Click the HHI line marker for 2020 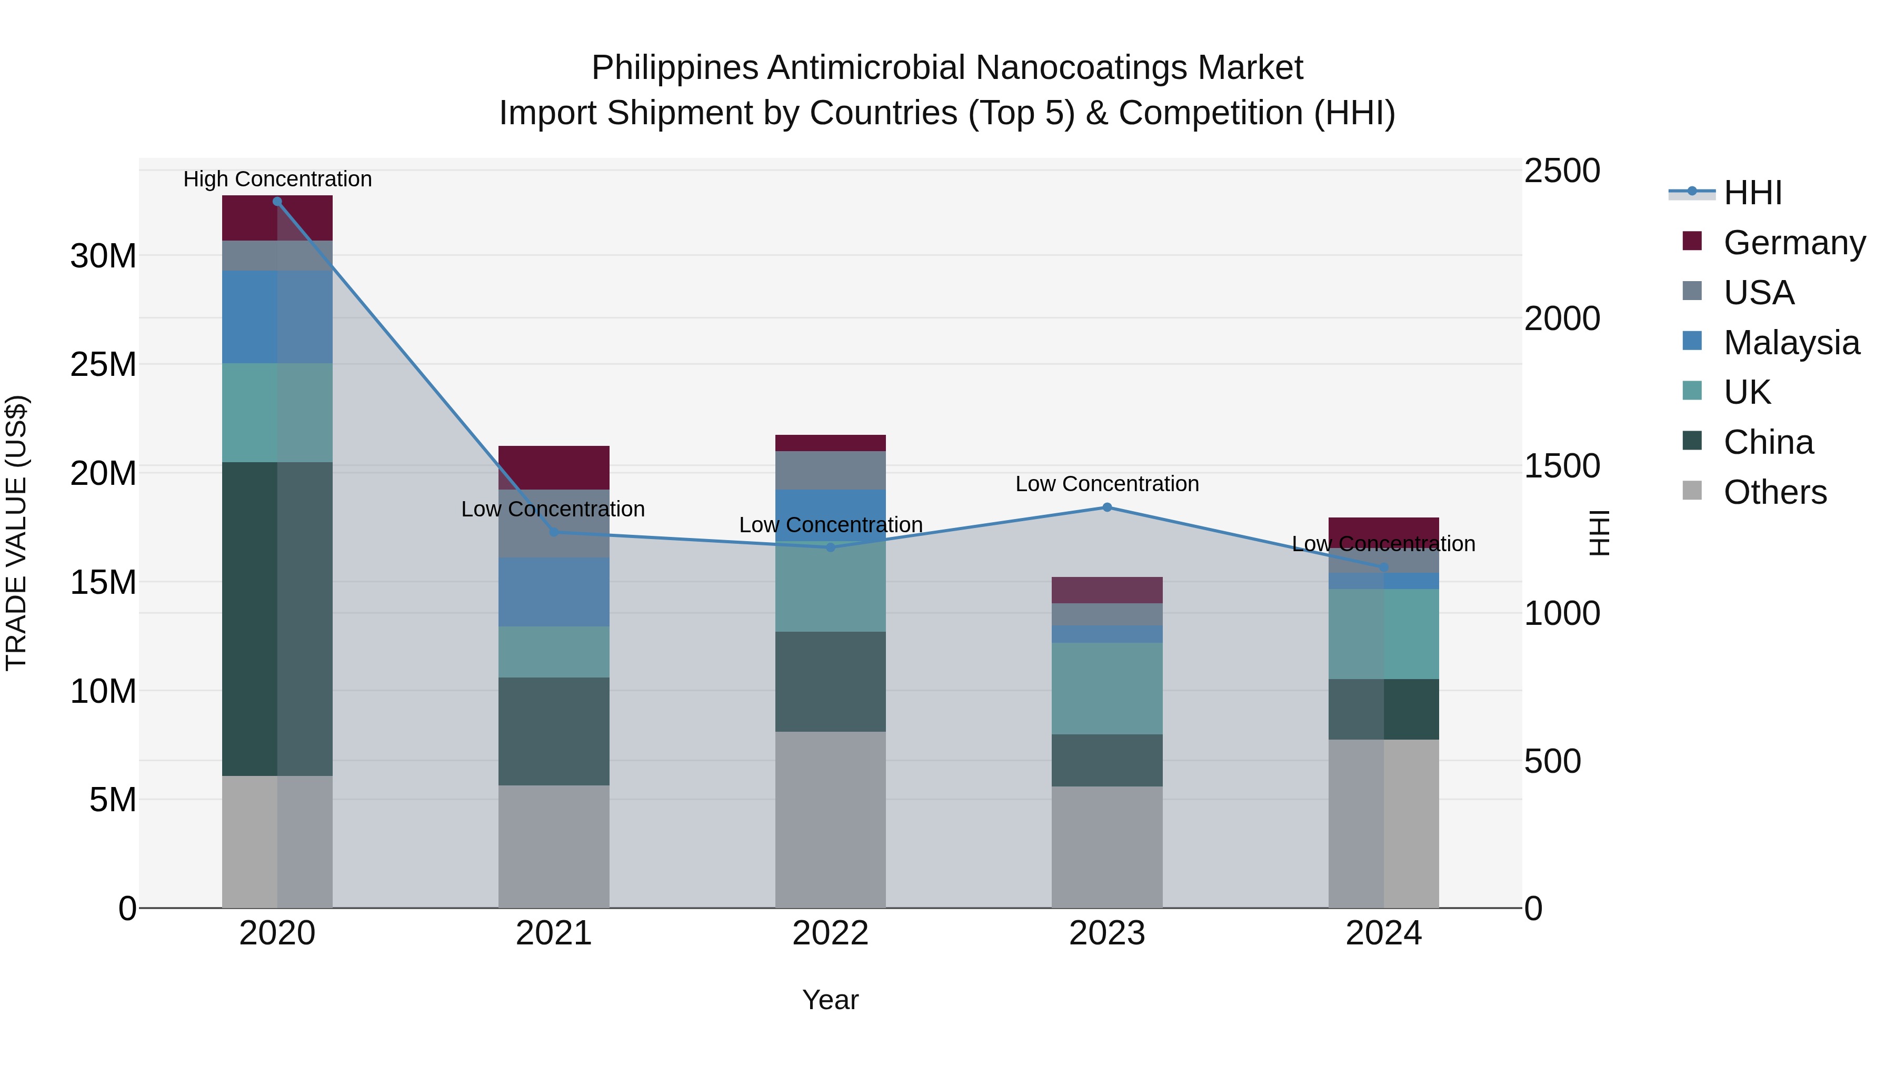[277, 202]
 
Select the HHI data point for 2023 [1107, 507]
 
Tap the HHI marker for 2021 [554, 532]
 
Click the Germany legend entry [1793, 243]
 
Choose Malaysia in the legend [1791, 343]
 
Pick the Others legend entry [1774, 492]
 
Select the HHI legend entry [1752, 193]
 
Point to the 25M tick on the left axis [103, 364]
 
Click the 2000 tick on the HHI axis [1562, 318]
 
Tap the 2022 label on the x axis [831, 933]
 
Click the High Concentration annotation [277, 179]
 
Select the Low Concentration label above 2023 [1107, 484]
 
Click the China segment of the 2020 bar [277, 618]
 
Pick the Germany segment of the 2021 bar [554, 467]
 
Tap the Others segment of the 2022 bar [831, 819]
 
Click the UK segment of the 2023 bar [1107, 688]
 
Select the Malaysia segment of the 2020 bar [277, 316]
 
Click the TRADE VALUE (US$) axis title [16, 533]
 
